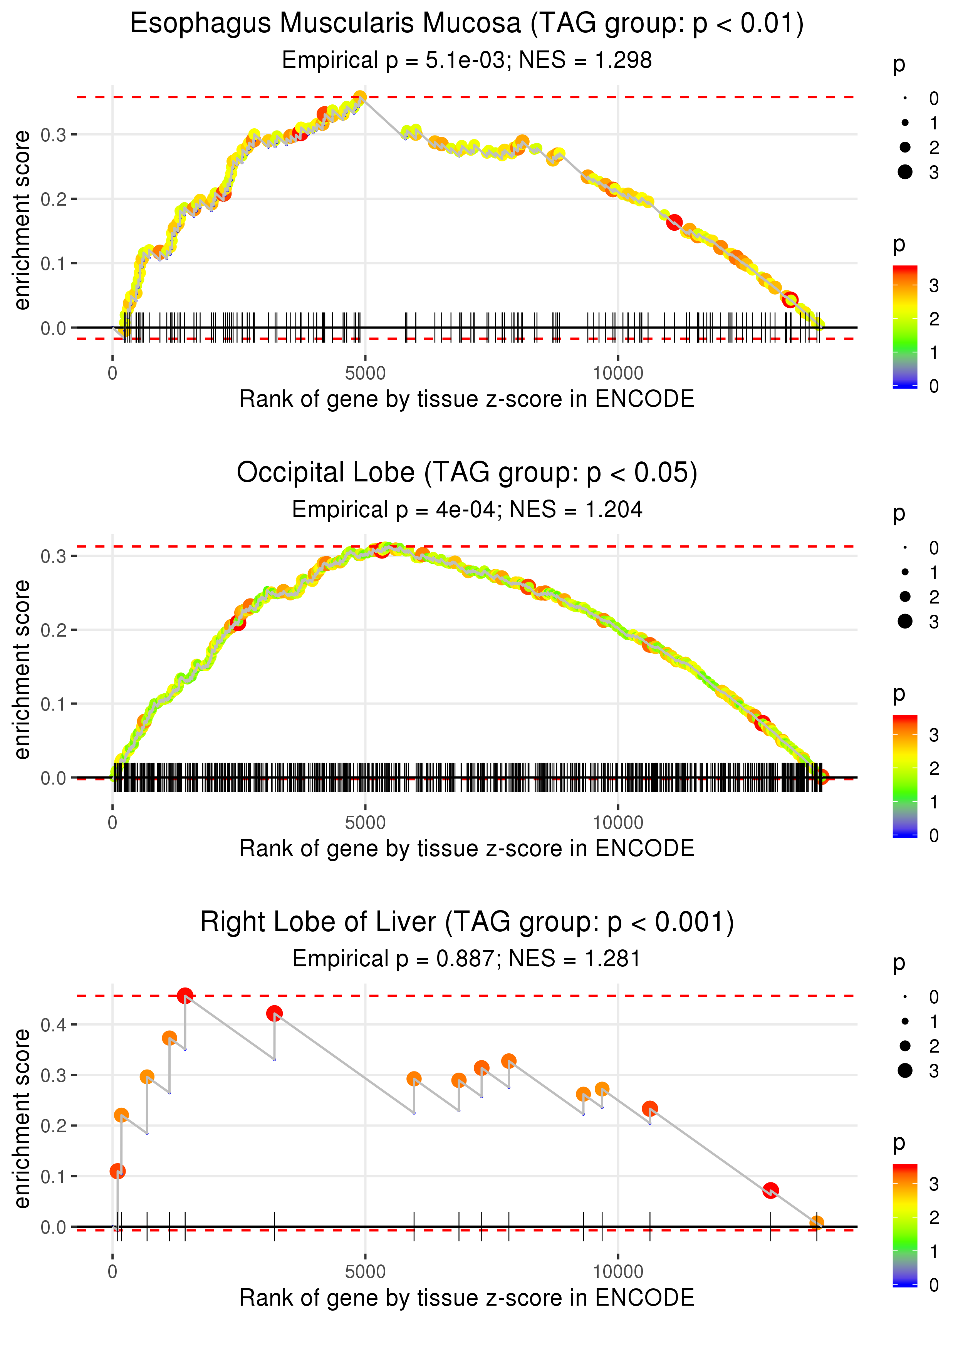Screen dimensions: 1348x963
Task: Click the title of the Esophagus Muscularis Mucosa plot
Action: click(x=467, y=24)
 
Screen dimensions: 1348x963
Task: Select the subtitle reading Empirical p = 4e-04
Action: click(x=467, y=509)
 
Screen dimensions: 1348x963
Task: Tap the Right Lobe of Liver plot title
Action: click(x=467, y=922)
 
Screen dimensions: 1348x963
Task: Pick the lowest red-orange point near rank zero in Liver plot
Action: click(x=117, y=1171)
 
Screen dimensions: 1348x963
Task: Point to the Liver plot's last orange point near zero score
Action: click(x=817, y=1222)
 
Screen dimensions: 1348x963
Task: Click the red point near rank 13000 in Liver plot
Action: click(x=770, y=1190)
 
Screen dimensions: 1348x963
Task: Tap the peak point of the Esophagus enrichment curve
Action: click(x=360, y=97)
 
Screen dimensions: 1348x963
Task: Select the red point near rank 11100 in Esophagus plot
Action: click(x=674, y=223)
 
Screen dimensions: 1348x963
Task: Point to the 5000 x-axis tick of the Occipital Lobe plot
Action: click(x=365, y=823)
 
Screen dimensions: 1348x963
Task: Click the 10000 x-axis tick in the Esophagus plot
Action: click(x=618, y=374)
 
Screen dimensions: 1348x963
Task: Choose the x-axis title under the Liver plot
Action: click(x=467, y=1297)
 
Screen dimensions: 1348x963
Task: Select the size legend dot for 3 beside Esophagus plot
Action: click(x=905, y=172)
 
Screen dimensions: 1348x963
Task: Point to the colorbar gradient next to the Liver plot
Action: click(x=905, y=1224)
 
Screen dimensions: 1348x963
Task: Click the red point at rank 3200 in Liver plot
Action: click(x=274, y=1013)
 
